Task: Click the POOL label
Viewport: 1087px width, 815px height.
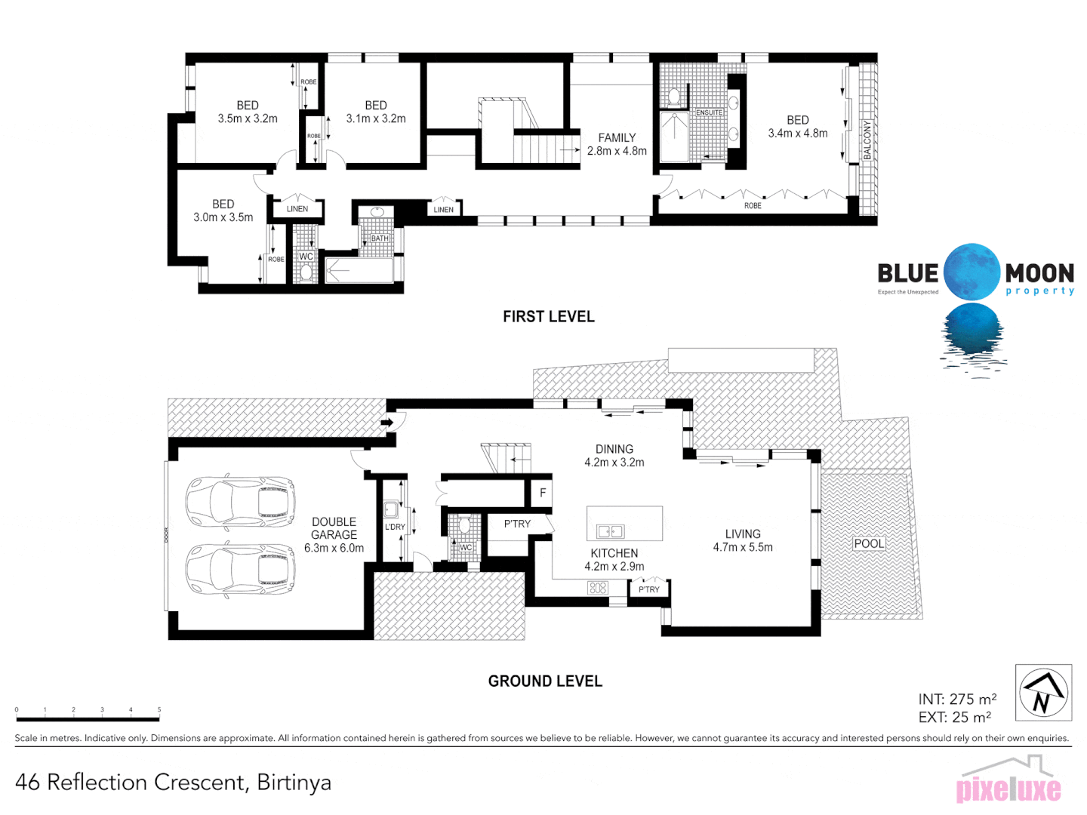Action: coord(869,543)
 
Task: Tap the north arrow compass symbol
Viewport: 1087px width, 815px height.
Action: coord(1043,693)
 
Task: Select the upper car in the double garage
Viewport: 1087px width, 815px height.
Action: coord(240,500)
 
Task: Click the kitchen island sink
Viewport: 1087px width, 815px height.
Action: coord(610,531)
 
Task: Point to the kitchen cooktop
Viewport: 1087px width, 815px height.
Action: coord(598,588)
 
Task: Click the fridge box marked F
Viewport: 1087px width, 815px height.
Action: coord(542,494)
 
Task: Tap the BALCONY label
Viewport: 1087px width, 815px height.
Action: coord(867,140)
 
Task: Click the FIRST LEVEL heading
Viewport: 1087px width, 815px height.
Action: coord(549,317)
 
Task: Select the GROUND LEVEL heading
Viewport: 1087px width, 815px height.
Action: coord(545,681)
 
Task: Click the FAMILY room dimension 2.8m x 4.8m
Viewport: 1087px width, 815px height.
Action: coord(617,151)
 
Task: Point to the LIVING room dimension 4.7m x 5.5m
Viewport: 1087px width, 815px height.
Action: coord(743,547)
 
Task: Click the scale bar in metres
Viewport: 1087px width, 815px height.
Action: coord(88,718)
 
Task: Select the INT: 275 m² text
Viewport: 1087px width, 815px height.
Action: coord(957,700)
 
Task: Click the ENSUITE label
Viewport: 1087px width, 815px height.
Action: coord(709,113)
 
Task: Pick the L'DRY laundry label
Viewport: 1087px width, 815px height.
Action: coord(395,527)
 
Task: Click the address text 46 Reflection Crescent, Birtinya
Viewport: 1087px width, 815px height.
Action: coord(173,783)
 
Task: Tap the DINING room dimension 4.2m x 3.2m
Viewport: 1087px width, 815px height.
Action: coord(614,463)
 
